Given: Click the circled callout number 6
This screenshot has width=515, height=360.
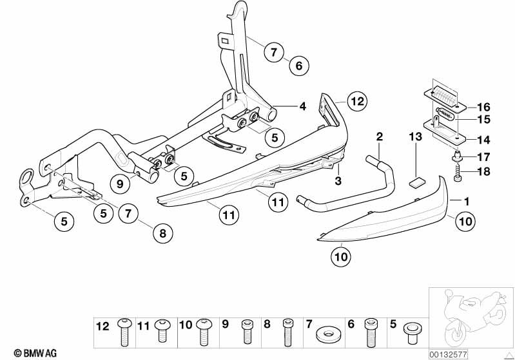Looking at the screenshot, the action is pos(299,66).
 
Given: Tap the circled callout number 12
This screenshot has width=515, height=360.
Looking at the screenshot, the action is pos(357,101).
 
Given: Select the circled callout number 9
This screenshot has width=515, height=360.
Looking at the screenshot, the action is pos(120,184).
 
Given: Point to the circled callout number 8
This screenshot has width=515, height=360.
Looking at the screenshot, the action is pos(163,233).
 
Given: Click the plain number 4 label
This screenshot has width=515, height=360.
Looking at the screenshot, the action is pos(302,106).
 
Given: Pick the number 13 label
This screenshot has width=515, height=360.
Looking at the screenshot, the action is pos(416,137).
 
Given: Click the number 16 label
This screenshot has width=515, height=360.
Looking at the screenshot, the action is pos(483,107).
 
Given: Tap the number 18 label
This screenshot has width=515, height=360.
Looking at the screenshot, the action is pos(483,171).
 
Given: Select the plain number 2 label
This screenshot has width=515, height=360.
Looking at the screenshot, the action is pos(380,136).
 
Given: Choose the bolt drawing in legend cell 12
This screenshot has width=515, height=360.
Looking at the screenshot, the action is pos(124,332).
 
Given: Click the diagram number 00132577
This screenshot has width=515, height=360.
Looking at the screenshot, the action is pos(448,354).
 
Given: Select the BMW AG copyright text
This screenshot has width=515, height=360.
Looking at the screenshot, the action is pos(35,353).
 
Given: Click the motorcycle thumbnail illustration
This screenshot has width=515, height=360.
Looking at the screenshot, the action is pos(472,317).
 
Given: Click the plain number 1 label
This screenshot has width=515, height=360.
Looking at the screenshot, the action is pos(467,202).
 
